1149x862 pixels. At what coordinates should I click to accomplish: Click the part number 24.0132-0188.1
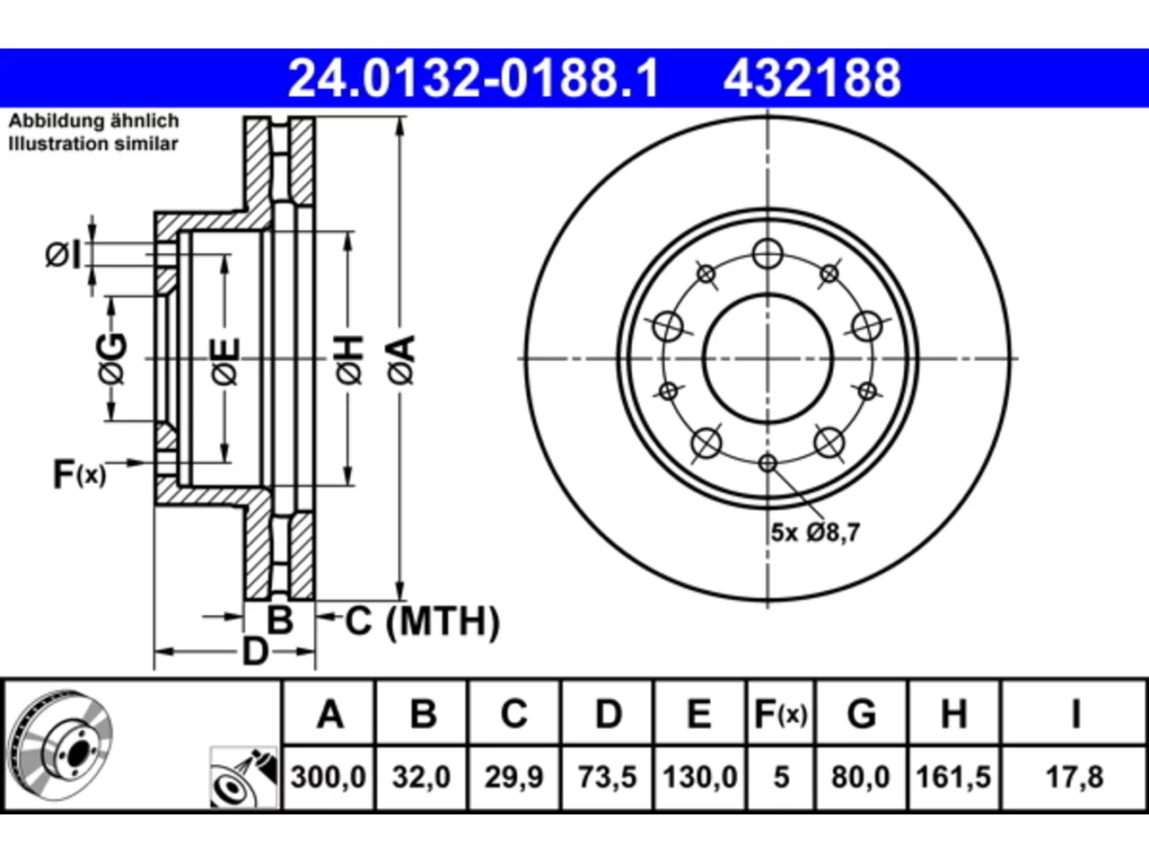click(x=474, y=78)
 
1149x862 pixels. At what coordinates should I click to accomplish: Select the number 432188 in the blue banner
click(x=812, y=78)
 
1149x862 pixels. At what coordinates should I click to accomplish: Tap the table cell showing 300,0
click(x=329, y=778)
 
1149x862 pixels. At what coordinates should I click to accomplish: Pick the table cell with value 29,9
click(x=513, y=778)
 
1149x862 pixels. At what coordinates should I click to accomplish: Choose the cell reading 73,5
click(x=607, y=778)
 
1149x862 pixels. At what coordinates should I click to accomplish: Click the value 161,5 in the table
click(x=953, y=778)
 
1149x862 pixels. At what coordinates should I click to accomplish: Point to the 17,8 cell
click(x=1074, y=778)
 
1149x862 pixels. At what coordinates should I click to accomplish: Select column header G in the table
click(x=862, y=713)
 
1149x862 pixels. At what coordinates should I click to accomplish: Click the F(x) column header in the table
click(x=781, y=713)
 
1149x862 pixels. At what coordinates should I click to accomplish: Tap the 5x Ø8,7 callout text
click(x=815, y=532)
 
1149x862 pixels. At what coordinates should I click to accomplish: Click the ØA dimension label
click(x=402, y=359)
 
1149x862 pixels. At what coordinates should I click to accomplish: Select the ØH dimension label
click(x=349, y=359)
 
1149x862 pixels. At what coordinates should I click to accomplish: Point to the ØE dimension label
click(x=226, y=362)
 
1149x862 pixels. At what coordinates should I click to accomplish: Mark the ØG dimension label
click(x=112, y=358)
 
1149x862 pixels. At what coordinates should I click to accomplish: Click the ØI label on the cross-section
click(x=64, y=255)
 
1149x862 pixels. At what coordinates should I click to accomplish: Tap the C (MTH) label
click(x=423, y=621)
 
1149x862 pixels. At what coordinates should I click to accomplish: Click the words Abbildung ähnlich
click(x=93, y=121)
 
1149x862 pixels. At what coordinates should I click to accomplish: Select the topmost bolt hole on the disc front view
click(x=767, y=254)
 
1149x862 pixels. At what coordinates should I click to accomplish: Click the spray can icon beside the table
click(x=243, y=778)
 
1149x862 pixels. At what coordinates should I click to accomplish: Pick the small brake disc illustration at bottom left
click(x=61, y=746)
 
